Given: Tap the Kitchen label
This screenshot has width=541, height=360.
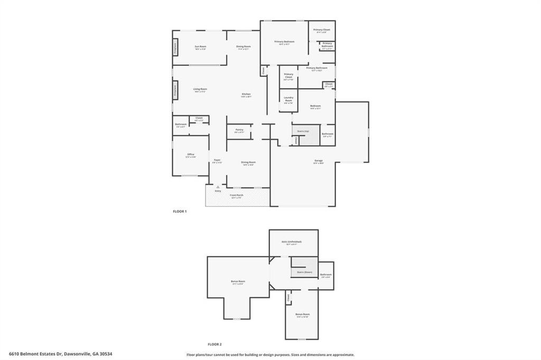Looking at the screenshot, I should pos(246,95).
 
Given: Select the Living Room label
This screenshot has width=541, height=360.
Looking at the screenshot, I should pos(200,90).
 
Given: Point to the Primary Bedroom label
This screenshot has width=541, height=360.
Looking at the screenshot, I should pos(284,42).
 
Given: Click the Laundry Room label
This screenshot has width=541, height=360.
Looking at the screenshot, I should pos(288,100).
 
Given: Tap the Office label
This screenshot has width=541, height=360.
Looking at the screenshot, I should pos(191,155).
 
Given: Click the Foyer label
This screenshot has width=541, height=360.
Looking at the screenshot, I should pos(217,161).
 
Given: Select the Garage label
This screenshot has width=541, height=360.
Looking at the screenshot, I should pos(319,162).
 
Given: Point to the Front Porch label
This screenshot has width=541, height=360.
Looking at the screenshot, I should pos(236,196).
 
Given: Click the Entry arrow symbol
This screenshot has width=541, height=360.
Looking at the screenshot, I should pos(218,186).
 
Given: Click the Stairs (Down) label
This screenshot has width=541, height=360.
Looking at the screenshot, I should pos(304,272).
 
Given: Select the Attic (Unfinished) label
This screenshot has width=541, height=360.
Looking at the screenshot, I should pos(294,242).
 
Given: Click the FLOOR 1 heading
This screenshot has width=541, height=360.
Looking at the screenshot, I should pos(180,211).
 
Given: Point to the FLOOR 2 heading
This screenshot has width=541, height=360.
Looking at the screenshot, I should pos(214,344).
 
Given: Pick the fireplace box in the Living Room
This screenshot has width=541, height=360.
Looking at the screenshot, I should pos(175,90).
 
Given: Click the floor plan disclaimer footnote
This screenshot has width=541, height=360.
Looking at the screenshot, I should pos(270,355).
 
